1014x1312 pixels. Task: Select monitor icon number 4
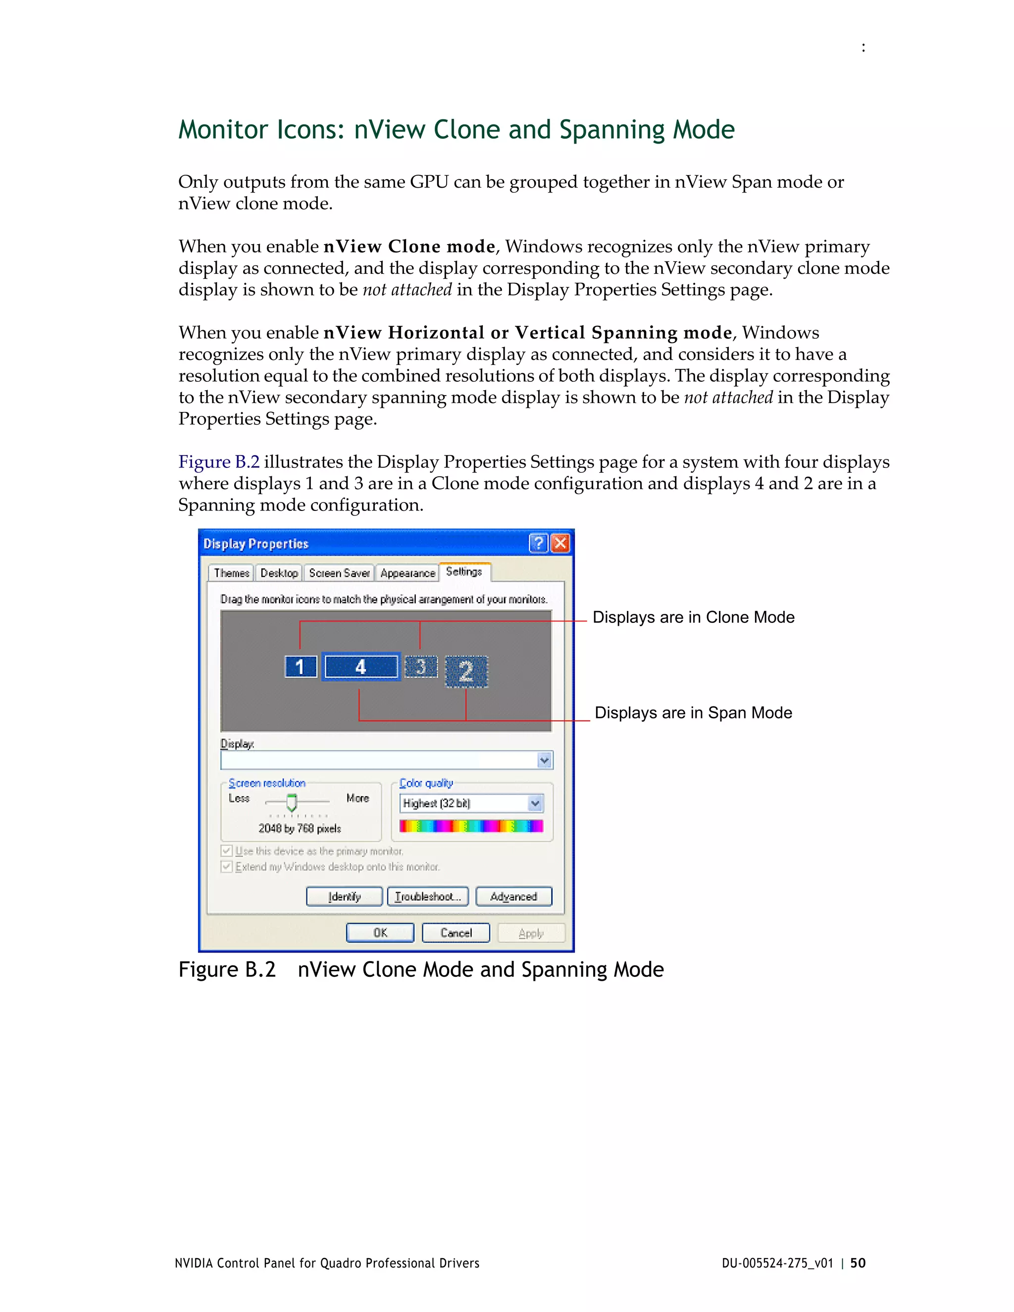(x=361, y=667)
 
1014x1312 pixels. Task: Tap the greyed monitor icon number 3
(x=420, y=667)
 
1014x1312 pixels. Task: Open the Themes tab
(x=231, y=573)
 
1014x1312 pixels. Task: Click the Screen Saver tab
(x=339, y=573)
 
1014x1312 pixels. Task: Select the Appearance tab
(x=407, y=573)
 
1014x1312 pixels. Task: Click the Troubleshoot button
(x=428, y=896)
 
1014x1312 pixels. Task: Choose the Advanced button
(x=513, y=896)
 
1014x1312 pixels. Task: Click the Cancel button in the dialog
(x=456, y=933)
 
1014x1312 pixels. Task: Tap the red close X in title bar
(x=560, y=544)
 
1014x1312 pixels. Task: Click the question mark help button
(x=539, y=544)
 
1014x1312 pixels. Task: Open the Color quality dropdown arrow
(x=535, y=803)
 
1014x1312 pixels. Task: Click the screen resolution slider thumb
(x=292, y=803)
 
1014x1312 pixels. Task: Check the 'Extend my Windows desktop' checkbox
(x=226, y=867)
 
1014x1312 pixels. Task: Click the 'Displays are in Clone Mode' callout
(x=693, y=617)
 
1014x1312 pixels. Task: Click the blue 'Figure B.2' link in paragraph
(x=219, y=462)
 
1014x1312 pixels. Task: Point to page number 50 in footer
(x=858, y=1263)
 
